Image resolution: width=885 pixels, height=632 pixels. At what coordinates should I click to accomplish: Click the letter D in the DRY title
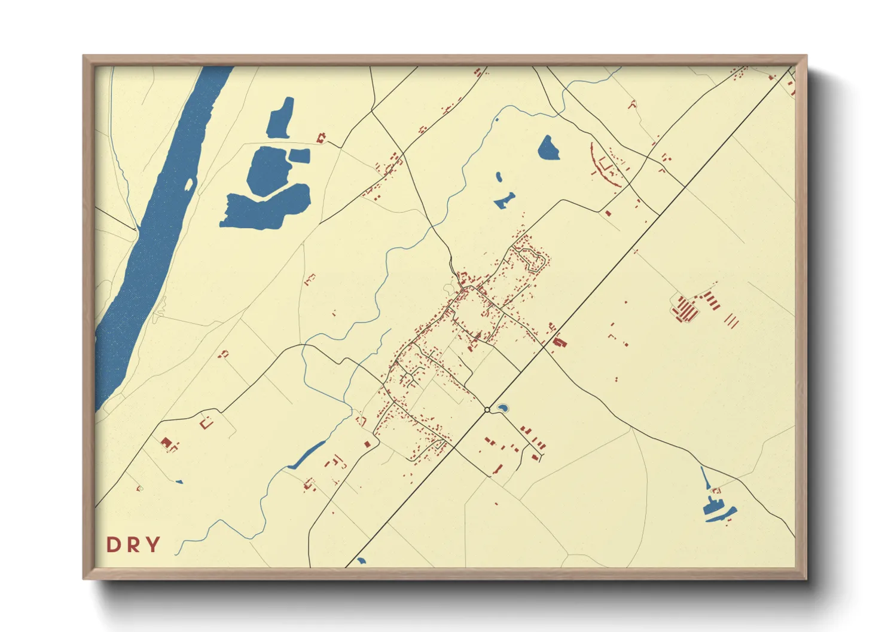click(112, 545)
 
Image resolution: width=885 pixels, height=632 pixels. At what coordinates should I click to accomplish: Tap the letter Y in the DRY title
click(153, 545)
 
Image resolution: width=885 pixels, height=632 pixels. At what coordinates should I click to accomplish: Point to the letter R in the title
click(133, 545)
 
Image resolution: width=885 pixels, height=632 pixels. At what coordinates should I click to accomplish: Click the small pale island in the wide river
click(189, 183)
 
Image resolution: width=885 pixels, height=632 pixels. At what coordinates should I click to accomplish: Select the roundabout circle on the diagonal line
click(487, 410)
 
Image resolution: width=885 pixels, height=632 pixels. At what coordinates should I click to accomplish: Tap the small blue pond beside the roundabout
click(502, 409)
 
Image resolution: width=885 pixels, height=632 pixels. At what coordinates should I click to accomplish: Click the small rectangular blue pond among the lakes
click(300, 156)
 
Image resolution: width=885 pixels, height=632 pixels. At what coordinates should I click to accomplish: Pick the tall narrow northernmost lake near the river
click(281, 117)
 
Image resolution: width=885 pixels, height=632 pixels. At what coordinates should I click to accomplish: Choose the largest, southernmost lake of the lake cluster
click(266, 207)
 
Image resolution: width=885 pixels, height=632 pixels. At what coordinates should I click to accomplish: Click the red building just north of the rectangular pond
click(321, 138)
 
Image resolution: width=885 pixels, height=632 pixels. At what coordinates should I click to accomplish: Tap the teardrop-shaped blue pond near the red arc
click(548, 148)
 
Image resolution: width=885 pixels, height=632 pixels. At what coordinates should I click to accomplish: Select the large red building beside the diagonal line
click(560, 343)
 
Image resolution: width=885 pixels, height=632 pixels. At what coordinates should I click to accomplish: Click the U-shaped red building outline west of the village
click(207, 423)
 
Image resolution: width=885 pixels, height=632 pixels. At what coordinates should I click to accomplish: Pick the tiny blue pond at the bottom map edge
click(361, 561)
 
